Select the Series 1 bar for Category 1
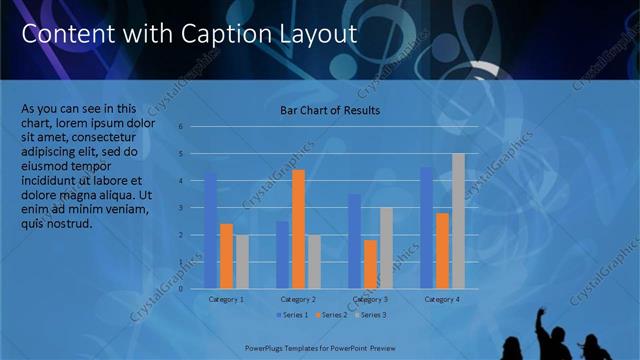[210, 230]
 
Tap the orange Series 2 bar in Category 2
[298, 229]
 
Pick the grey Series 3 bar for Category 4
[458, 221]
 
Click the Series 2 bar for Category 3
[370, 264]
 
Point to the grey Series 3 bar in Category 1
[242, 261]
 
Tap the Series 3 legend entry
[370, 315]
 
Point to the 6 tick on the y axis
[181, 127]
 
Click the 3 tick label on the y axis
[181, 208]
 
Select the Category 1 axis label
[226, 299]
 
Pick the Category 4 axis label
[442, 299]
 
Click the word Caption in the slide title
[218, 34]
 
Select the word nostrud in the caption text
[69, 223]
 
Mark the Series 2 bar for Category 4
[442, 251]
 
